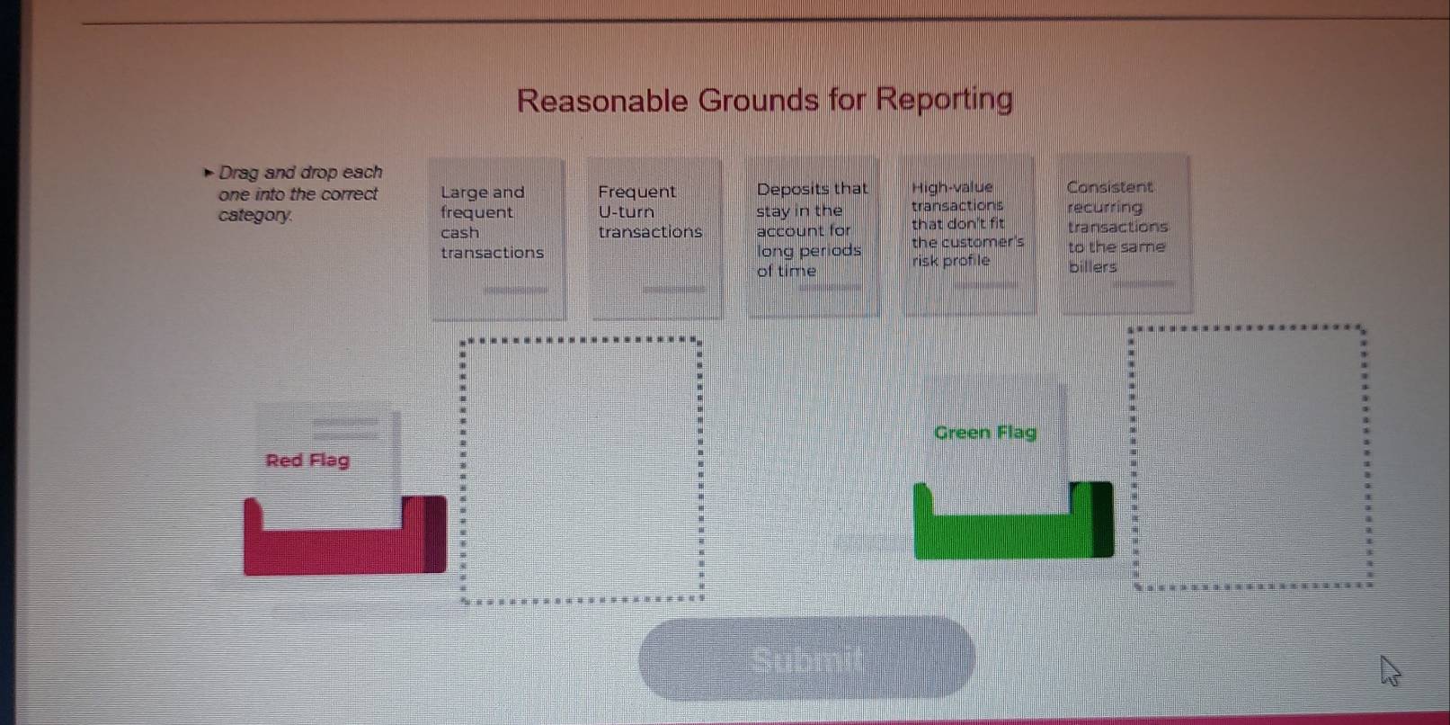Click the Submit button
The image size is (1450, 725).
(806, 658)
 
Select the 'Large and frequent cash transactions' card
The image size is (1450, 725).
(498, 239)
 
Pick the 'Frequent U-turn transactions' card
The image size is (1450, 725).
(656, 238)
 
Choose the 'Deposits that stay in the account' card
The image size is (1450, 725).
(813, 237)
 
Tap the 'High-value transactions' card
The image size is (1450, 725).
(969, 235)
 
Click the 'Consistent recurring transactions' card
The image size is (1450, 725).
(1125, 234)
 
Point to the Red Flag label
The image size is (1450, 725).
(307, 461)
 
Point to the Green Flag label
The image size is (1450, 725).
(985, 432)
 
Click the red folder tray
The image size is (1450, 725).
(345, 549)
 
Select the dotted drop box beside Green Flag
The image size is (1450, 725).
(1132, 458)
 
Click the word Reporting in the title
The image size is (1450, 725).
(945, 99)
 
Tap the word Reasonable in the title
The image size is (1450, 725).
(602, 101)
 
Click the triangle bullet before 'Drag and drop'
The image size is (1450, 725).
(208, 173)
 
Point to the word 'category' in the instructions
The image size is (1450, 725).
(254, 215)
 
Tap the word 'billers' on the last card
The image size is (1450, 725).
(1093, 267)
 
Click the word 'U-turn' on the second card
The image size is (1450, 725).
(626, 212)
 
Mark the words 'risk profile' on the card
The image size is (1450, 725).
(951, 261)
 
